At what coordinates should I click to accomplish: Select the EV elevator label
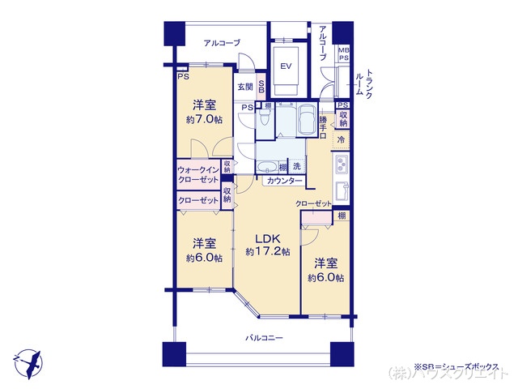coord(286,66)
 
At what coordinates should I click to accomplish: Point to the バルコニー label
coord(265,338)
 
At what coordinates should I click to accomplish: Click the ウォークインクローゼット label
coord(197,174)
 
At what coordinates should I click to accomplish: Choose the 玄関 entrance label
coord(245,87)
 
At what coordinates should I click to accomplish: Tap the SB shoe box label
coord(261,87)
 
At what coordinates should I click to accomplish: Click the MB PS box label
coord(343,55)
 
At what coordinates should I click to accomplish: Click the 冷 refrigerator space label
coord(341,139)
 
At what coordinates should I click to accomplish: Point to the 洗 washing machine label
coord(297,166)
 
